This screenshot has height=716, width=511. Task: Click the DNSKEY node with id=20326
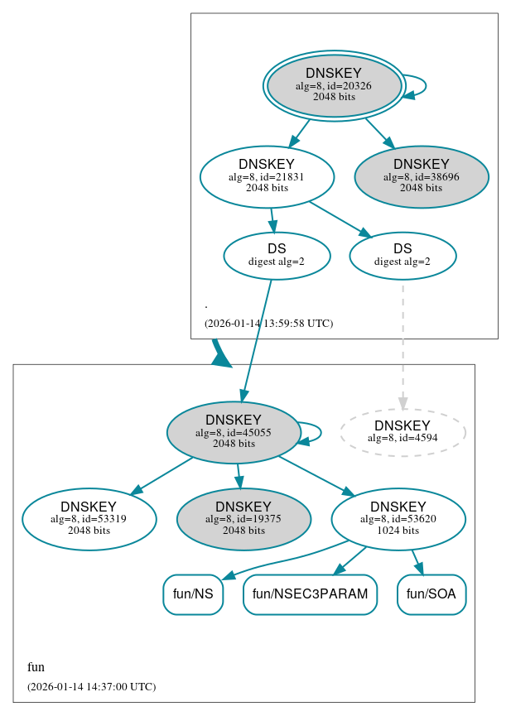coord(334,85)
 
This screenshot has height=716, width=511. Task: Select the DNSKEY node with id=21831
coord(267,176)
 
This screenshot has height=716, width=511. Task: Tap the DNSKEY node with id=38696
coord(422,176)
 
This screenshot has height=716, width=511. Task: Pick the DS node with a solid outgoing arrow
coord(277,256)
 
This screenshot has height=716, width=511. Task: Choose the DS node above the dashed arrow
coord(403,256)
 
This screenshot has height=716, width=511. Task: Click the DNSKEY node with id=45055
coord(234,432)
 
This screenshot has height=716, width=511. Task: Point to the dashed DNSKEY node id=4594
coord(403,432)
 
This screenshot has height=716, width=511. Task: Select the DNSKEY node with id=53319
coord(89,519)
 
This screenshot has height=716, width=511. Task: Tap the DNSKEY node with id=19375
coord(243,519)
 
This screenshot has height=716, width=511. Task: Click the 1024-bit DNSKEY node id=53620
coord(398,519)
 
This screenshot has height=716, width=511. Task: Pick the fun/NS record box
coord(193,594)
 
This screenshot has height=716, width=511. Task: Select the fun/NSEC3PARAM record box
coord(310,594)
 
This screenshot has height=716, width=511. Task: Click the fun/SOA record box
coord(431,594)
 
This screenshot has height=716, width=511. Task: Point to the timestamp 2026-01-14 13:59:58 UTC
coord(268,324)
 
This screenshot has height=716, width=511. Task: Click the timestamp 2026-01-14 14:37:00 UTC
coord(91,687)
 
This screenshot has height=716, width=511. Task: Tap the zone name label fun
coord(36,667)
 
